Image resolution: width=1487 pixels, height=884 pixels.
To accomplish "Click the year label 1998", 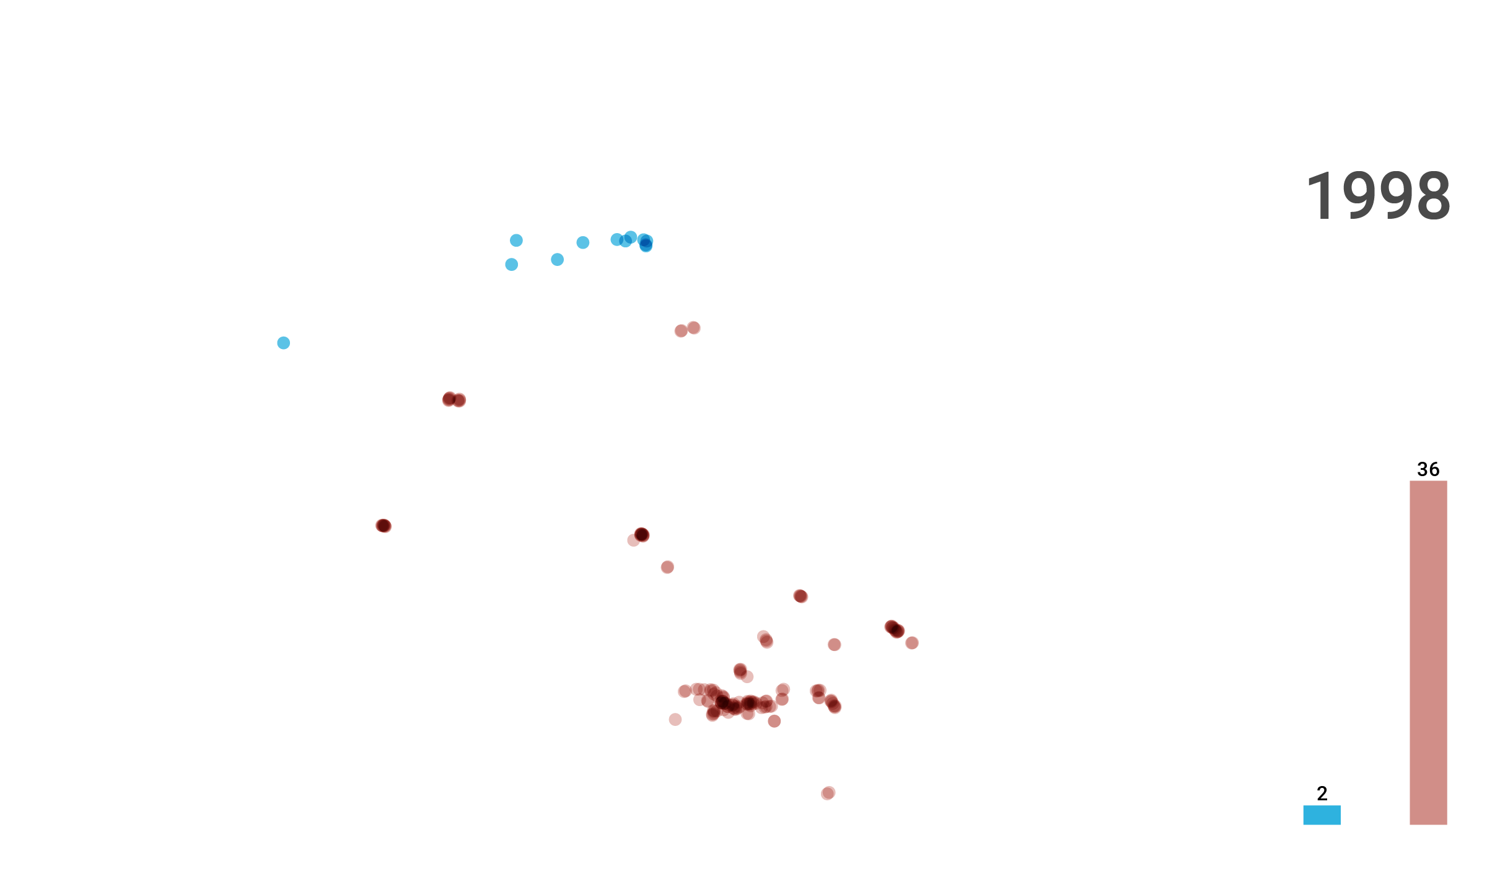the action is point(1378,197).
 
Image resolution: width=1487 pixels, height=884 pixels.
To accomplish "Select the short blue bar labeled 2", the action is point(1322,815).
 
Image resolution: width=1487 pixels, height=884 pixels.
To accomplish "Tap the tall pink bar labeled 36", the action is point(1429,653).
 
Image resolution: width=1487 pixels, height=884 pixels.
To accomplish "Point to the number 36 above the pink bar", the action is point(1428,469).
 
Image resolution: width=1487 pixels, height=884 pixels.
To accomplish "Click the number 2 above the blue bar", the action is point(1322,793).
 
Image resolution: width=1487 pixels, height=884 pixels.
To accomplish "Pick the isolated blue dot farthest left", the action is point(284,343).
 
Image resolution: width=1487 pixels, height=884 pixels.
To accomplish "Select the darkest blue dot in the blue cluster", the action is point(646,243).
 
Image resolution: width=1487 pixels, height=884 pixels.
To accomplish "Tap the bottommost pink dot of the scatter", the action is point(828,793).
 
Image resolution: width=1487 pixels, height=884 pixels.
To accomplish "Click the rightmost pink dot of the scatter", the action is point(912,643).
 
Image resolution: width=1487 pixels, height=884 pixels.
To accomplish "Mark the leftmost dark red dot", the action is point(384,526).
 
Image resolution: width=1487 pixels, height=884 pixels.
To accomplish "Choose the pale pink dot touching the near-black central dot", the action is point(633,540).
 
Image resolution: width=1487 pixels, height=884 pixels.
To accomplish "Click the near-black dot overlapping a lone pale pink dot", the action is point(642,534).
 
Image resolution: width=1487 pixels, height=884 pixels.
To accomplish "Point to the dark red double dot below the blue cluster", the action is point(454,399).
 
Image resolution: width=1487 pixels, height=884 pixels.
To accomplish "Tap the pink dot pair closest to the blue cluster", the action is point(688,329).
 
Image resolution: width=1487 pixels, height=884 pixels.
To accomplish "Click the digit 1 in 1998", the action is point(1321,197).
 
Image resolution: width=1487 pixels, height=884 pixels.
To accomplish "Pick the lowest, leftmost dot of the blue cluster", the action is point(512,265).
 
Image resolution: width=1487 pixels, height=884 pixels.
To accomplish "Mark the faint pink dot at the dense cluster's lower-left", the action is point(675,719).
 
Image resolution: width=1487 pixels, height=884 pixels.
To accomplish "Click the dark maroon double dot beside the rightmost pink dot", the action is point(895,629).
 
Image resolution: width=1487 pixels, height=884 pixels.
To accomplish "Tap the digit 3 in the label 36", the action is point(1423,469).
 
